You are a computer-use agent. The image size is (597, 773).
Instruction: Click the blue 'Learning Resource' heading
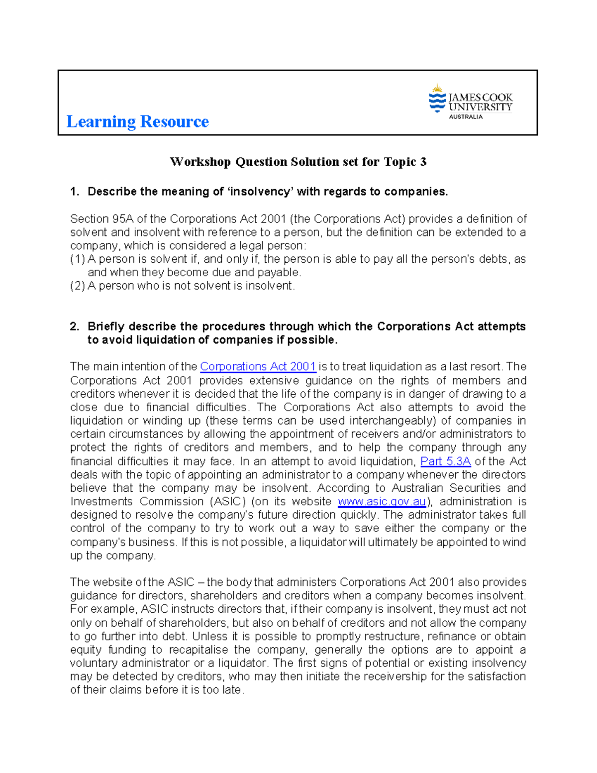pos(137,121)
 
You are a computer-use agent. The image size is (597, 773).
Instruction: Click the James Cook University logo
pos(470,101)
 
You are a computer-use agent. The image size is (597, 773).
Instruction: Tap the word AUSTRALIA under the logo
pos(466,117)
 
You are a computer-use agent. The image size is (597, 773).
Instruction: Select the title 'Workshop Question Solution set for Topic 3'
pos(298,162)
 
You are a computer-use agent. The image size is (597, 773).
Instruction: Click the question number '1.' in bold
pos(75,192)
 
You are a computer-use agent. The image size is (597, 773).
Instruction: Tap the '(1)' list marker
pos(78,259)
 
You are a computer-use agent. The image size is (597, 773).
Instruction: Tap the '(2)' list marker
pos(78,286)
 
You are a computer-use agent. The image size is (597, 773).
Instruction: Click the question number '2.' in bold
pos(75,327)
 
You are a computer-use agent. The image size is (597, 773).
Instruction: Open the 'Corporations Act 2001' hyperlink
pos(258,367)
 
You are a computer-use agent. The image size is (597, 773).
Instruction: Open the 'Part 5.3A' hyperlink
pos(445,461)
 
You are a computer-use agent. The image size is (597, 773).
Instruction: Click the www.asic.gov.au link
pos(382,502)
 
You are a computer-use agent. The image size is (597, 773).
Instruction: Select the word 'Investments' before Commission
pos(101,502)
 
